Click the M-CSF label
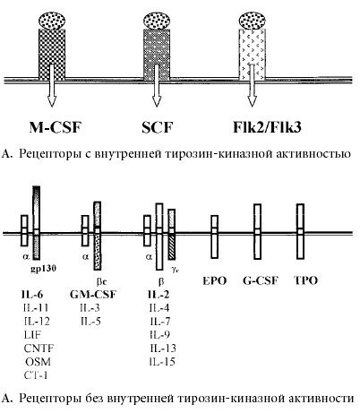pyautogui.click(x=56, y=127)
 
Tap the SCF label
pyautogui.click(x=158, y=127)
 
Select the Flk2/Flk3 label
pyautogui.click(x=267, y=127)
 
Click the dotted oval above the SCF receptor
pyautogui.click(x=157, y=21)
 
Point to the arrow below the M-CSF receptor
pyautogui.click(x=52, y=85)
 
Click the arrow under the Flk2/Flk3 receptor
pyautogui.click(x=253, y=85)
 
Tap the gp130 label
pyautogui.click(x=44, y=269)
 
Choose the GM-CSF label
pyautogui.click(x=93, y=295)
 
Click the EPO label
pyautogui.click(x=214, y=280)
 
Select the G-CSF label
pyautogui.click(x=261, y=280)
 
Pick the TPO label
pyautogui.click(x=305, y=280)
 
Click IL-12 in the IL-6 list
pyautogui.click(x=37, y=322)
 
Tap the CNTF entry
pyautogui.click(x=39, y=348)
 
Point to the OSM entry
pyautogui.click(x=38, y=362)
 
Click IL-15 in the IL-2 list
pyautogui.click(x=162, y=362)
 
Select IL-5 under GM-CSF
pyautogui.click(x=90, y=322)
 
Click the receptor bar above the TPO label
pyautogui.click(x=300, y=231)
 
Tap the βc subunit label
pyautogui.click(x=101, y=281)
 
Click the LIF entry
pyautogui.click(x=32, y=335)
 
